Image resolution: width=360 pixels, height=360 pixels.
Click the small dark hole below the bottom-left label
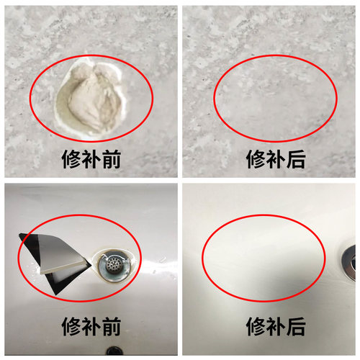pyautogui.click(x=114, y=352)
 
